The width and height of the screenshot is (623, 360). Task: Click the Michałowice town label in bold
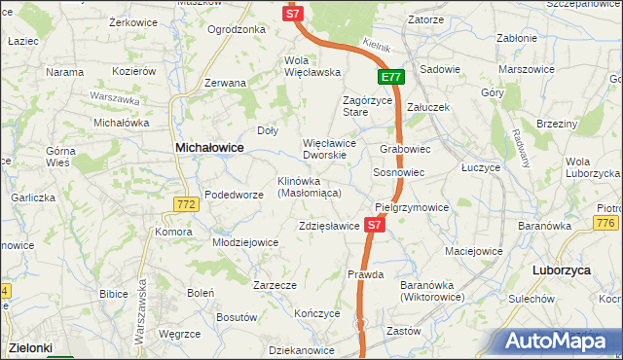tap(208, 147)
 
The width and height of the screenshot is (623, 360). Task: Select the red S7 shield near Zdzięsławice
tap(376, 225)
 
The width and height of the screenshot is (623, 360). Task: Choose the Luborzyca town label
tap(564, 270)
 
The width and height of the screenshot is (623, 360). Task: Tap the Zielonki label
tap(29, 346)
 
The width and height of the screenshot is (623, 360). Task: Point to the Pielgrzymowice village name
tap(412, 207)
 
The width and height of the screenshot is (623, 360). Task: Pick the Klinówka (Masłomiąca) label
tap(309, 187)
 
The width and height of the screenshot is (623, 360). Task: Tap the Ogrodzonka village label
tap(237, 29)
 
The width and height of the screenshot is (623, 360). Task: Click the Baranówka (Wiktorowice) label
tap(431, 290)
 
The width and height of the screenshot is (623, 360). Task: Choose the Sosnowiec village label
tap(399, 172)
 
